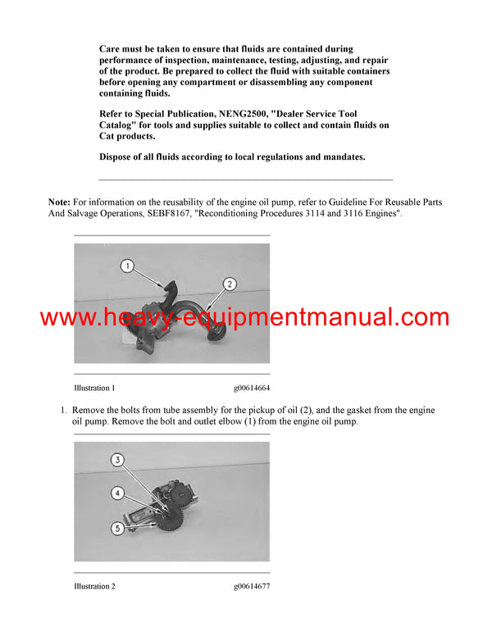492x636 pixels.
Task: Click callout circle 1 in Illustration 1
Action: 126,265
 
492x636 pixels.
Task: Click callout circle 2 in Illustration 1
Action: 230,284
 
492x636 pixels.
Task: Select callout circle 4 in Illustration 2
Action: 118,493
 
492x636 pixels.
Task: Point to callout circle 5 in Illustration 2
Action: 118,529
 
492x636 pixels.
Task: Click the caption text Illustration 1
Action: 94,387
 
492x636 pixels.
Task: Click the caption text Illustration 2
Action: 94,586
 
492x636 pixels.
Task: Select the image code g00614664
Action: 251,387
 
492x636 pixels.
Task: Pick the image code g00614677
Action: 251,586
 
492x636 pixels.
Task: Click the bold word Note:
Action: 60,202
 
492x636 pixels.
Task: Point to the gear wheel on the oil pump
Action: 173,517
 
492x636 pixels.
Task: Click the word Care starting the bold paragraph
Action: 112,49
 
